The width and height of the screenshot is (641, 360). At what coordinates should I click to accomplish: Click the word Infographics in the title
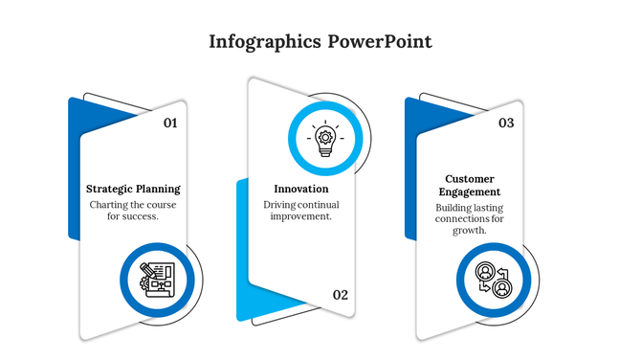coord(263,42)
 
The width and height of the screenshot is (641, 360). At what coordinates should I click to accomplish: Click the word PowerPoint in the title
coord(379,42)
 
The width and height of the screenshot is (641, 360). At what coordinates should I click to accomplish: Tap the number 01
coord(170,123)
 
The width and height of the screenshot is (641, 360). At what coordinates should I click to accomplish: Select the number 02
coord(341,294)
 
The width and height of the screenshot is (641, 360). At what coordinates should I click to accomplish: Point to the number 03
coord(506,123)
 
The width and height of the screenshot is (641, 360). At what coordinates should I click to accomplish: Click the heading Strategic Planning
coord(133,189)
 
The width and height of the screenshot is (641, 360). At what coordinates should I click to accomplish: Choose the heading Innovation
coord(300,189)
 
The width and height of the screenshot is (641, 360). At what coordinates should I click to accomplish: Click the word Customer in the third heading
coord(470,178)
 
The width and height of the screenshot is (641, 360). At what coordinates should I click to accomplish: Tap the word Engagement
coord(470,191)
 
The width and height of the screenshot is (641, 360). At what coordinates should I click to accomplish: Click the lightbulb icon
coord(324,140)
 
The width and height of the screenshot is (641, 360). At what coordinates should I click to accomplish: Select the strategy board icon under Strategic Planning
coord(157,281)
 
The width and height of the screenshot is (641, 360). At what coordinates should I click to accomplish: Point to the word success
coord(140,216)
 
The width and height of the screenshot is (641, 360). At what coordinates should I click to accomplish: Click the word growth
coord(470,230)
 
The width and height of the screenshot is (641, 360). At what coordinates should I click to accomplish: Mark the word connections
coord(462,218)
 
